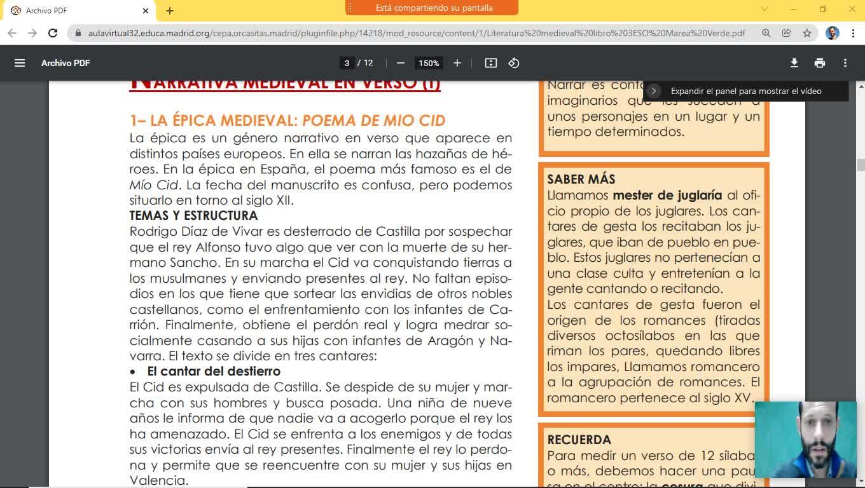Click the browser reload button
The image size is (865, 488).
(53, 33)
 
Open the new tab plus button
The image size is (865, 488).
(170, 11)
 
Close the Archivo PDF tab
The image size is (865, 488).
(146, 11)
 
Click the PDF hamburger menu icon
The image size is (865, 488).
(20, 63)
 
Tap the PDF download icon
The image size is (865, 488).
(794, 63)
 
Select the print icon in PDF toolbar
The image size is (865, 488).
(819, 63)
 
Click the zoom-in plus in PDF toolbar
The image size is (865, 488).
(457, 63)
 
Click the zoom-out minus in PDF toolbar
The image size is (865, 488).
(400, 63)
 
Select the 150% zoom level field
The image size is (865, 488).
(428, 63)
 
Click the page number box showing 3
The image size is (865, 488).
(347, 63)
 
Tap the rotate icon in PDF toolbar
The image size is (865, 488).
(514, 63)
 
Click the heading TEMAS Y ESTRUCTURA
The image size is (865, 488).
(193, 215)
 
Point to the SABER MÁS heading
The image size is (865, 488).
(581, 179)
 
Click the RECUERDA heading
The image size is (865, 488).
(579, 440)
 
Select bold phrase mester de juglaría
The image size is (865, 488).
(667, 195)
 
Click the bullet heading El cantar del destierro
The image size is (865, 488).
(214, 371)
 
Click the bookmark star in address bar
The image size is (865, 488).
(806, 33)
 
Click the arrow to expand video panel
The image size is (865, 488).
(653, 91)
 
